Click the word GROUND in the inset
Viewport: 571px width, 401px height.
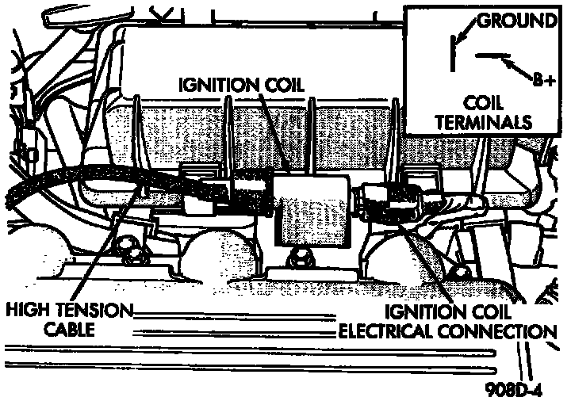click(516, 20)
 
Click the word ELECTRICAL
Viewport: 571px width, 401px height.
click(389, 330)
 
